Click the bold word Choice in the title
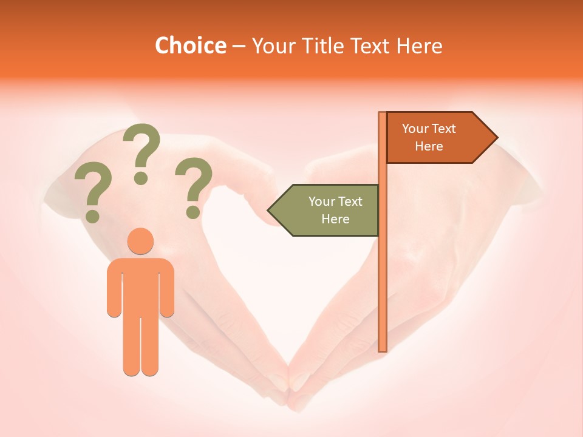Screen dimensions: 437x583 190,46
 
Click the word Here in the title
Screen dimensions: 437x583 420,46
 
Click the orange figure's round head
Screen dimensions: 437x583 140,241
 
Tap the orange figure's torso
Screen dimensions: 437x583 140,285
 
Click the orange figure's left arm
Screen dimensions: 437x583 114,288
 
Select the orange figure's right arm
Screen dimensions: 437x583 167,288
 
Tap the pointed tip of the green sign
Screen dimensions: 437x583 270,211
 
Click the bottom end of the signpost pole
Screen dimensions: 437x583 383,348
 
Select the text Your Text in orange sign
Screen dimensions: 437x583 429,129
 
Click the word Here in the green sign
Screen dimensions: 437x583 335,219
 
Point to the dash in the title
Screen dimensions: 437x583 239,46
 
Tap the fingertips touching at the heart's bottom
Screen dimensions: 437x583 289,379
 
